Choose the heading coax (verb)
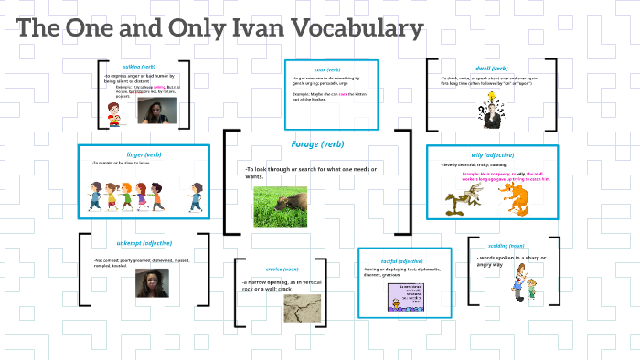(327, 69)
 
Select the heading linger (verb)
(144, 154)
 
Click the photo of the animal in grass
(280, 206)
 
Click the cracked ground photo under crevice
(308, 308)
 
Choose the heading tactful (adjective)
(403, 261)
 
